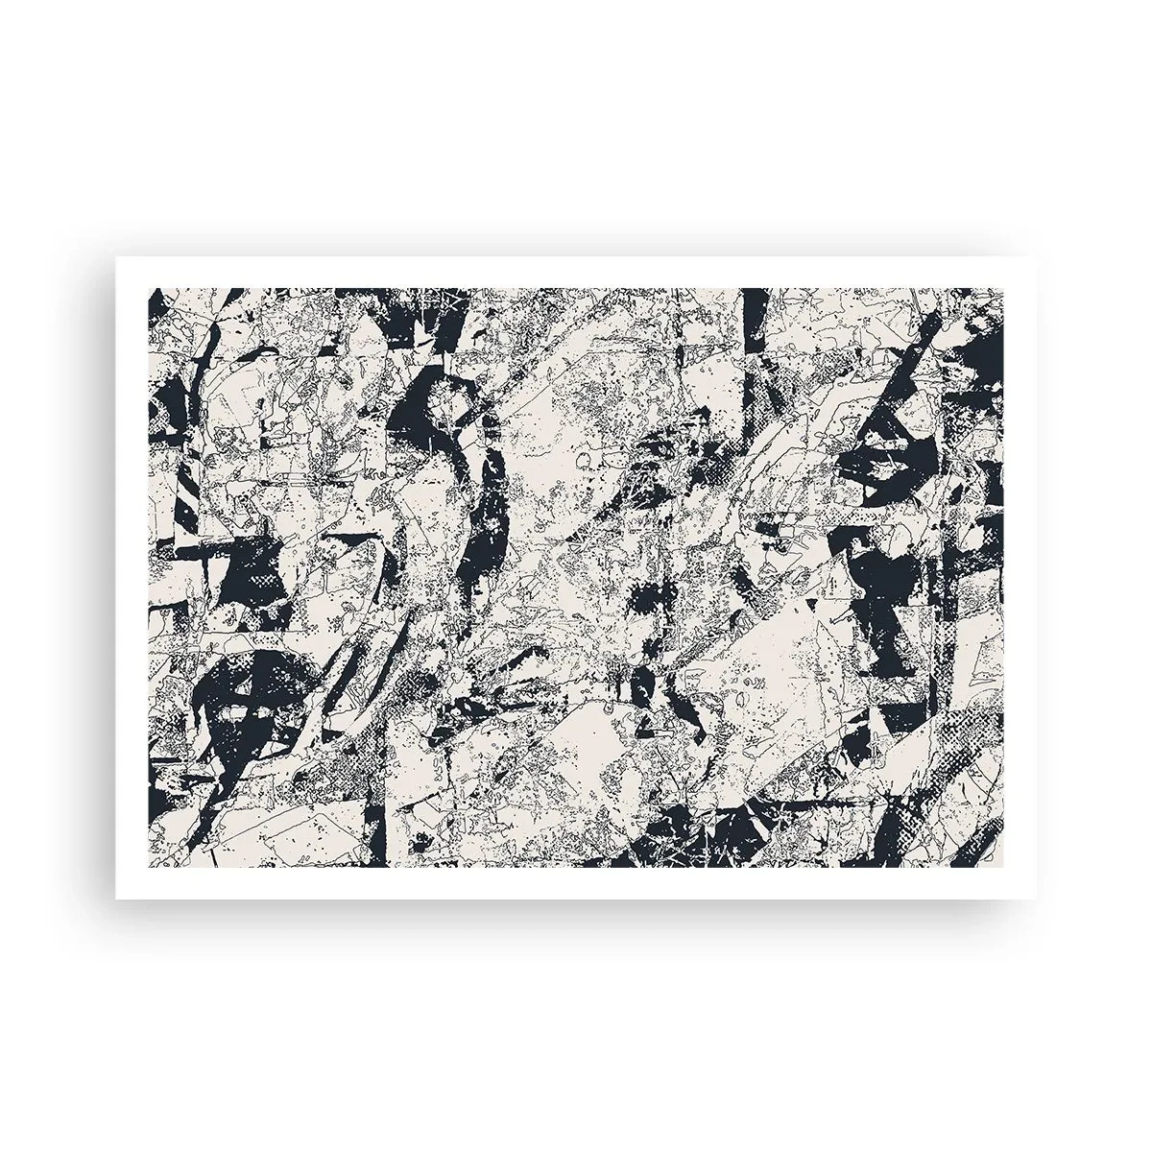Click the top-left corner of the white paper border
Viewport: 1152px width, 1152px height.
point(116,257)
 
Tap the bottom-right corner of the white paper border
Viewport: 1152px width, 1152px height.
point(1036,899)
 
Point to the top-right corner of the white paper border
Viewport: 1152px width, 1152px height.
point(1036,257)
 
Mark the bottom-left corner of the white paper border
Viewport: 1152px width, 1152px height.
point(116,899)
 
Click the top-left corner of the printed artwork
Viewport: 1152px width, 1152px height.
point(147,288)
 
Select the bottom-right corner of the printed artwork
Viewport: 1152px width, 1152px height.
point(1005,868)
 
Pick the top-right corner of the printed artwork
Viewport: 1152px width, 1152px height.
point(1005,288)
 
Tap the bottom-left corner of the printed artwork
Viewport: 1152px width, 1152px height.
point(147,868)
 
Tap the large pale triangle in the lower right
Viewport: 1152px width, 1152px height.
point(768,672)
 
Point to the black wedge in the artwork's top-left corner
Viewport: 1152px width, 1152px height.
point(157,307)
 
